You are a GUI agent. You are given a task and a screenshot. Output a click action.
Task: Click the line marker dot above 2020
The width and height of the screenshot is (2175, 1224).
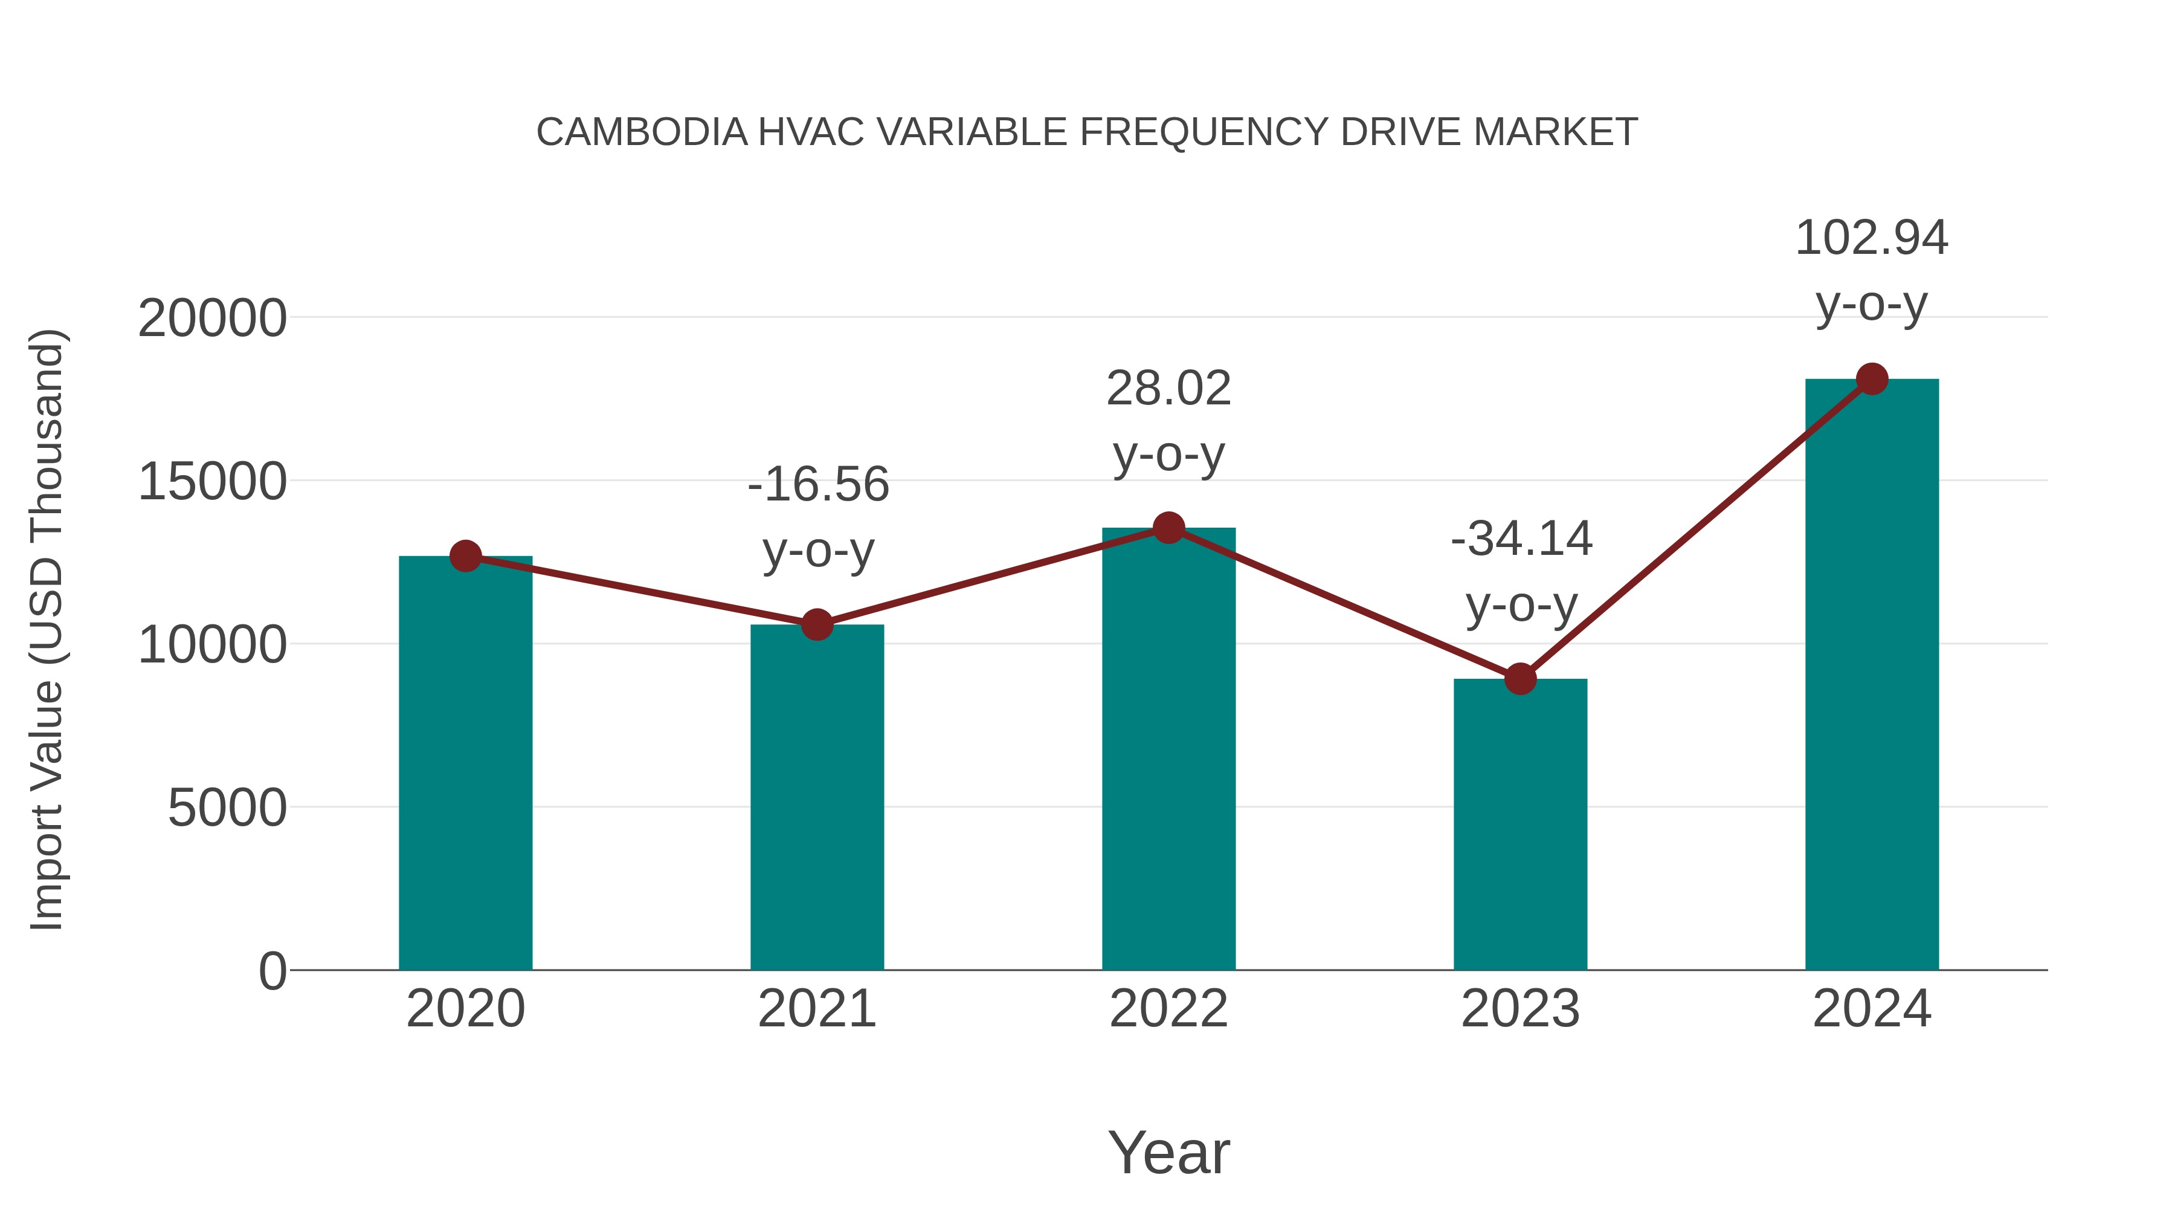point(465,556)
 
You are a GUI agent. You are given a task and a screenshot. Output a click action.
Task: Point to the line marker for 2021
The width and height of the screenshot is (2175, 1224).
point(816,625)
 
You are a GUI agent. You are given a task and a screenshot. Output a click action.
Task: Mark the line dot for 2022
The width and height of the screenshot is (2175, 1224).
point(1168,528)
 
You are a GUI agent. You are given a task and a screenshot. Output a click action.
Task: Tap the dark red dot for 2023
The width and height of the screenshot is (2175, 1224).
point(1520,678)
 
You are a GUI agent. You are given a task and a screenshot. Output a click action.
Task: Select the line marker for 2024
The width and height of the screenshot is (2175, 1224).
point(1872,379)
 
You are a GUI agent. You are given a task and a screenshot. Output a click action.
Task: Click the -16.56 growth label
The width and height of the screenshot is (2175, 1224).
point(818,485)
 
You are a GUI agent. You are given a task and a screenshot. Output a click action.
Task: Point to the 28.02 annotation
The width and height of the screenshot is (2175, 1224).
point(1168,389)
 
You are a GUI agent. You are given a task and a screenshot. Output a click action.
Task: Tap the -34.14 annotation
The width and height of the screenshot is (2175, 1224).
point(1521,539)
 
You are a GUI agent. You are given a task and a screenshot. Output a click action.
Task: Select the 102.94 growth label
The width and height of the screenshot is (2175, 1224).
point(1871,238)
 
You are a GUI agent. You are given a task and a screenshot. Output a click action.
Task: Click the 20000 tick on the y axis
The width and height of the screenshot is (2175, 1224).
point(212,319)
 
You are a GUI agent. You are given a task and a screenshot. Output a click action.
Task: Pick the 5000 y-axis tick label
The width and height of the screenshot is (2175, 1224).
point(227,808)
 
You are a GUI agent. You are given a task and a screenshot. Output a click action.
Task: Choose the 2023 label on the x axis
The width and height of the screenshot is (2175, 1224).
point(1520,1009)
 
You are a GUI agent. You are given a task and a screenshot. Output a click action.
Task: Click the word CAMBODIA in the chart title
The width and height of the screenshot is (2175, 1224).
point(642,132)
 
